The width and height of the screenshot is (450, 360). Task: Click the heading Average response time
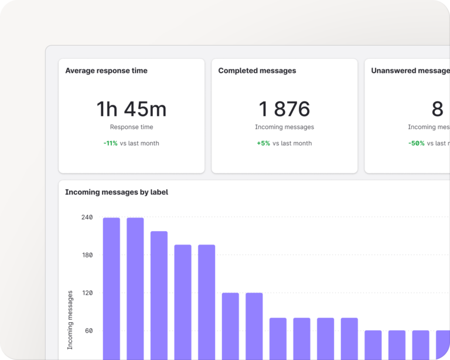pyautogui.click(x=106, y=71)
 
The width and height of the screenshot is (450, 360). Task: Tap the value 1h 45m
pyautogui.click(x=131, y=109)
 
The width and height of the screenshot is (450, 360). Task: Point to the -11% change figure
pyautogui.click(x=110, y=143)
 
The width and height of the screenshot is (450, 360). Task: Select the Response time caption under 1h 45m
pyautogui.click(x=131, y=127)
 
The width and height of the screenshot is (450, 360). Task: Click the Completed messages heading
pyautogui.click(x=257, y=71)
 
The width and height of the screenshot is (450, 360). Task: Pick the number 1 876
pyautogui.click(x=284, y=109)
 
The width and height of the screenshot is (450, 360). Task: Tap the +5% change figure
pyautogui.click(x=263, y=143)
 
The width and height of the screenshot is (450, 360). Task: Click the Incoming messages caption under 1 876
pyautogui.click(x=284, y=127)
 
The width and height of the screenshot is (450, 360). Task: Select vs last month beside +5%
pyautogui.click(x=292, y=143)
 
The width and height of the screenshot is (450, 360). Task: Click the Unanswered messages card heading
pyautogui.click(x=410, y=71)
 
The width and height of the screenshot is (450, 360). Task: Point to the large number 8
pyautogui.click(x=437, y=109)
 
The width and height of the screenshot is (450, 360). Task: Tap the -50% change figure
pyautogui.click(x=416, y=143)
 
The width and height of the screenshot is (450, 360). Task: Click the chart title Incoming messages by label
pyautogui.click(x=117, y=192)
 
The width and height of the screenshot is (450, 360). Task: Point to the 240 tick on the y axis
pyautogui.click(x=87, y=218)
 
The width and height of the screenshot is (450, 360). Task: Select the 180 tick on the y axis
pyautogui.click(x=87, y=255)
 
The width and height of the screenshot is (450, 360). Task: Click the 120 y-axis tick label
pyautogui.click(x=87, y=293)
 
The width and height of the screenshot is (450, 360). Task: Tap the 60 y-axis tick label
pyautogui.click(x=88, y=331)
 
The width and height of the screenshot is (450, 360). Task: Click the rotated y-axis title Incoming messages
pyautogui.click(x=70, y=320)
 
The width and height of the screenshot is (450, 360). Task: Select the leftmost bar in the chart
pyautogui.click(x=111, y=287)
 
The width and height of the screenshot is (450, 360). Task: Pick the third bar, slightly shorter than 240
pyautogui.click(x=159, y=293)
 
